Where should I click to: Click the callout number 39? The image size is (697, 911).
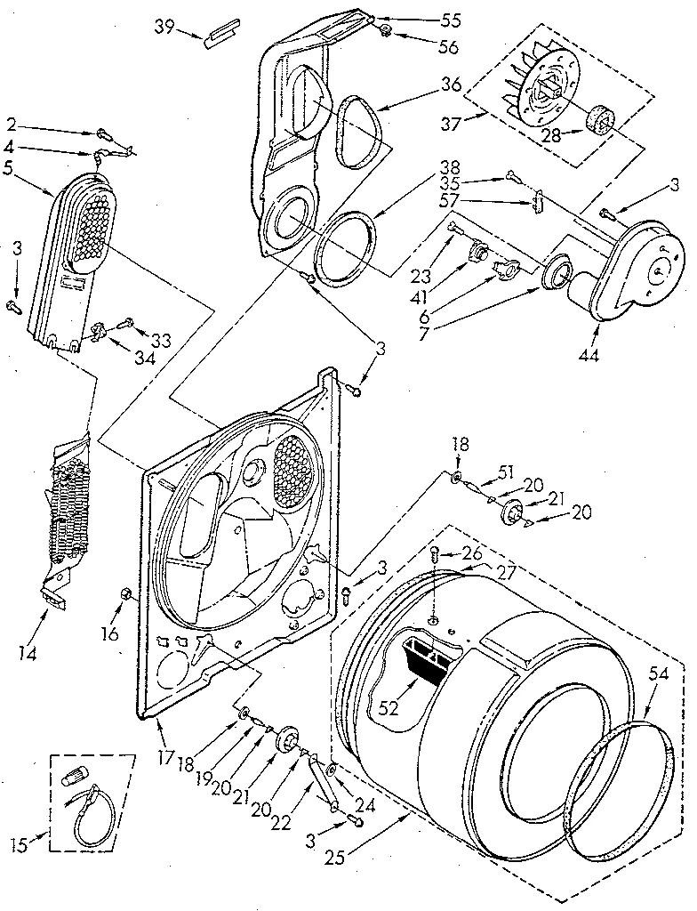163,28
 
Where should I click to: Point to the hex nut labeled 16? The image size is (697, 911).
124,593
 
